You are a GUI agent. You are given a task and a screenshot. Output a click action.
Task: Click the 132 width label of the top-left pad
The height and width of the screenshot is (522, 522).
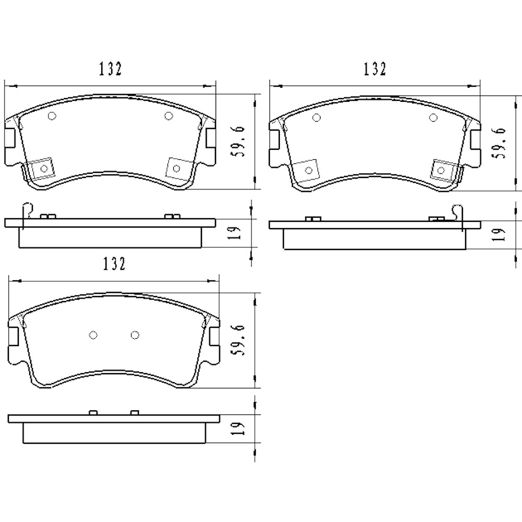110,69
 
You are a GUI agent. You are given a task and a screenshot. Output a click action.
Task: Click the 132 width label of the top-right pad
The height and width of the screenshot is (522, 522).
375,69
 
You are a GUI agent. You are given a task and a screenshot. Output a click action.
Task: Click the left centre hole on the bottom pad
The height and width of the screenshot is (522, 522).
93,335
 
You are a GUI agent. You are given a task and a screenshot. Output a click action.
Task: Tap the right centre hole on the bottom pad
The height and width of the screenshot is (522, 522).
135,335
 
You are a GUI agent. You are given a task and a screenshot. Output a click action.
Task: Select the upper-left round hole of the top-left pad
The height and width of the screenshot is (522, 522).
51,116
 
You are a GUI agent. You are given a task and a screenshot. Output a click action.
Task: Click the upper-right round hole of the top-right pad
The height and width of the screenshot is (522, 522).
433,117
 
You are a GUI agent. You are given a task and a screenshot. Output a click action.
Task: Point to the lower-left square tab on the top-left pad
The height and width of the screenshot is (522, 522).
43,168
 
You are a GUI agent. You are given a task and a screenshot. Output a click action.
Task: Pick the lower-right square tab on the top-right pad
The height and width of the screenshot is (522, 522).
442,170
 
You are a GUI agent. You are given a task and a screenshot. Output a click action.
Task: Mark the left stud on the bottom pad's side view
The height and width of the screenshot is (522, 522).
93,413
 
